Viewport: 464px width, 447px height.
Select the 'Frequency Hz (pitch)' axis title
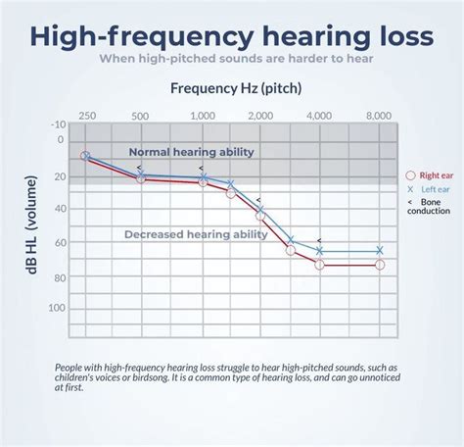pos(236,87)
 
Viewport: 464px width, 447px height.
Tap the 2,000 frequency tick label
pos(260,115)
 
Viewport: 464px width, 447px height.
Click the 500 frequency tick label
pos(141,115)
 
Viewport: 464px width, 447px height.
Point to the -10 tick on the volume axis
pos(58,124)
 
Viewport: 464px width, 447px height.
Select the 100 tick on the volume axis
pos(58,309)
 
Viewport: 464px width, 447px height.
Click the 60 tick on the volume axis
pos(61,242)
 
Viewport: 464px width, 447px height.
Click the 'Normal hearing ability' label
pos(192,152)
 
